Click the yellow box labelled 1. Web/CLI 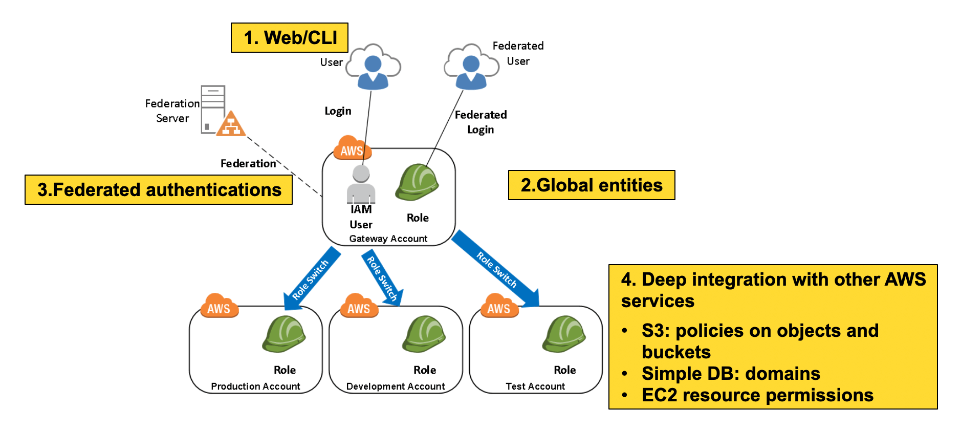coord(290,37)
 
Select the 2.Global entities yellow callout coord(592,185)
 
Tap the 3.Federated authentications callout coord(159,189)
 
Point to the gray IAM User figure coord(361,185)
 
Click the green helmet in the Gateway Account coord(417,182)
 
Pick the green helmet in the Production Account coord(284,334)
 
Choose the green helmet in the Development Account coord(424,334)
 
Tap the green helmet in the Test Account coord(564,334)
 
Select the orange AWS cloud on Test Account coord(499,306)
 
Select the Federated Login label coord(480,122)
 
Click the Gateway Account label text coord(388,239)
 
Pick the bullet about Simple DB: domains coord(731,374)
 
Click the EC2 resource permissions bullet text coord(757,395)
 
